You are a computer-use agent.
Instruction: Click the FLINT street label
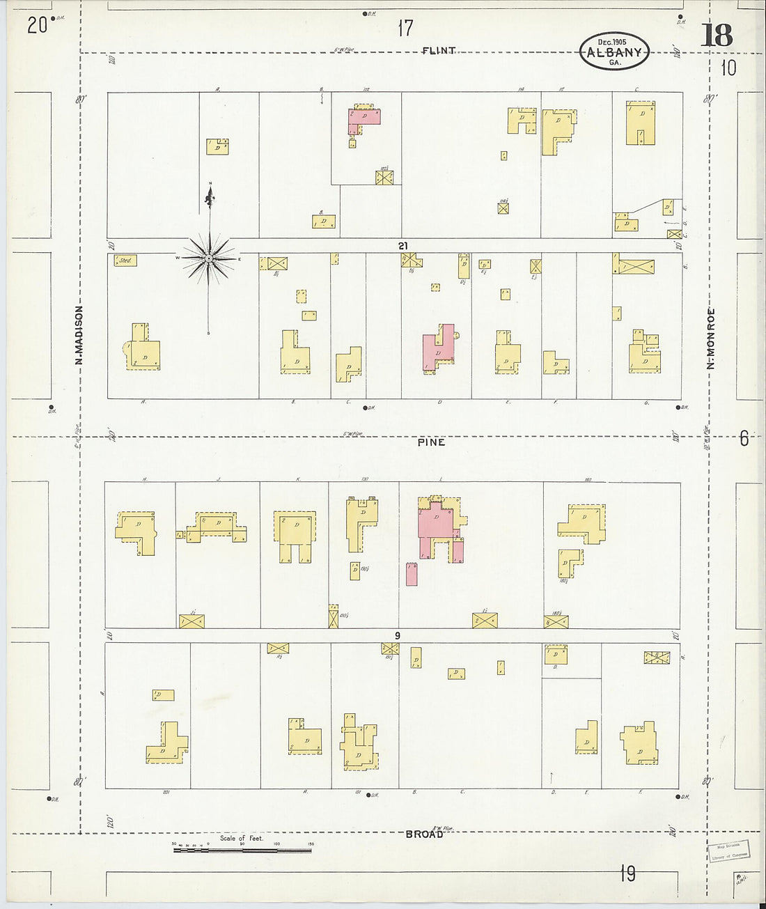(439, 50)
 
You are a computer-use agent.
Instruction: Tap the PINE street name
(431, 442)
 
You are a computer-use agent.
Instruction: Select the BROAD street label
(424, 834)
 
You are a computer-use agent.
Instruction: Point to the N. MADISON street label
(79, 335)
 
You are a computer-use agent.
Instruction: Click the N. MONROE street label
(711, 339)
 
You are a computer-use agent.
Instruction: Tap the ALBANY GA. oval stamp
(614, 52)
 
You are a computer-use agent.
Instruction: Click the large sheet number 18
(717, 36)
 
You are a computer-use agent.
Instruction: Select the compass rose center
(209, 258)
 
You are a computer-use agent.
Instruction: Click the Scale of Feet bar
(242, 848)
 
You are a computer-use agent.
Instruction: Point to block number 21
(403, 245)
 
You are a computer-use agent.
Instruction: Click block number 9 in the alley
(397, 635)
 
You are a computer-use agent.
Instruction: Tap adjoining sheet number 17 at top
(405, 29)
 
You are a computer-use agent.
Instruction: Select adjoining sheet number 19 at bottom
(627, 873)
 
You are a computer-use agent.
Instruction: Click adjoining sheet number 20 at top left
(37, 26)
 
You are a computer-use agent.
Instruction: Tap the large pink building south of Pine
(437, 524)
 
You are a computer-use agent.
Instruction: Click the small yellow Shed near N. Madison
(126, 261)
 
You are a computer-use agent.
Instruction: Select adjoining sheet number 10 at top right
(728, 68)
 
